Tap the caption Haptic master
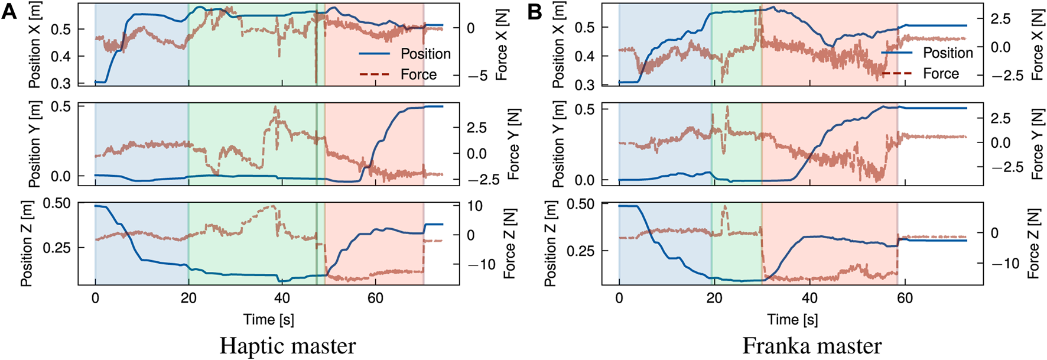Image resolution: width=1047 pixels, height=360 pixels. pos(287,346)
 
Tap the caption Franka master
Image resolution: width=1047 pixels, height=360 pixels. pos(811,346)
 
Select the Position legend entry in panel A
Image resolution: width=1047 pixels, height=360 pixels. pos(425,54)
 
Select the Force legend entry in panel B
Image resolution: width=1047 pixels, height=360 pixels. pos(941,74)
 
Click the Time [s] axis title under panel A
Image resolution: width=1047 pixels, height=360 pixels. pos(268,320)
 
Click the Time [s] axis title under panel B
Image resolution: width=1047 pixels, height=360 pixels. pos(792,320)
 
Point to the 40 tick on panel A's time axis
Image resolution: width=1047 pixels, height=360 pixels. pos(282,298)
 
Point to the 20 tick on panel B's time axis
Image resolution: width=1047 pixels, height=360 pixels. pos(714,298)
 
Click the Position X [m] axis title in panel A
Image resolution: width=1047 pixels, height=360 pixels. pos(35,44)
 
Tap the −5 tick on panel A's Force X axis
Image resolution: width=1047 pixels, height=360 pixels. pos(477,76)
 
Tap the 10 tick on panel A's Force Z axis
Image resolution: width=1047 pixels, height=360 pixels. pos(474,206)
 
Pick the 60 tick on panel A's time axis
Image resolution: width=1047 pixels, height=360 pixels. pos(375,298)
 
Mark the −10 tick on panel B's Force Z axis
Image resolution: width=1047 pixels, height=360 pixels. pos(1003,263)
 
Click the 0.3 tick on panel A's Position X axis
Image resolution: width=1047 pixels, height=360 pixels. pos(61,83)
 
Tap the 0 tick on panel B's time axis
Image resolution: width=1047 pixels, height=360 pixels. pos(619,298)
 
